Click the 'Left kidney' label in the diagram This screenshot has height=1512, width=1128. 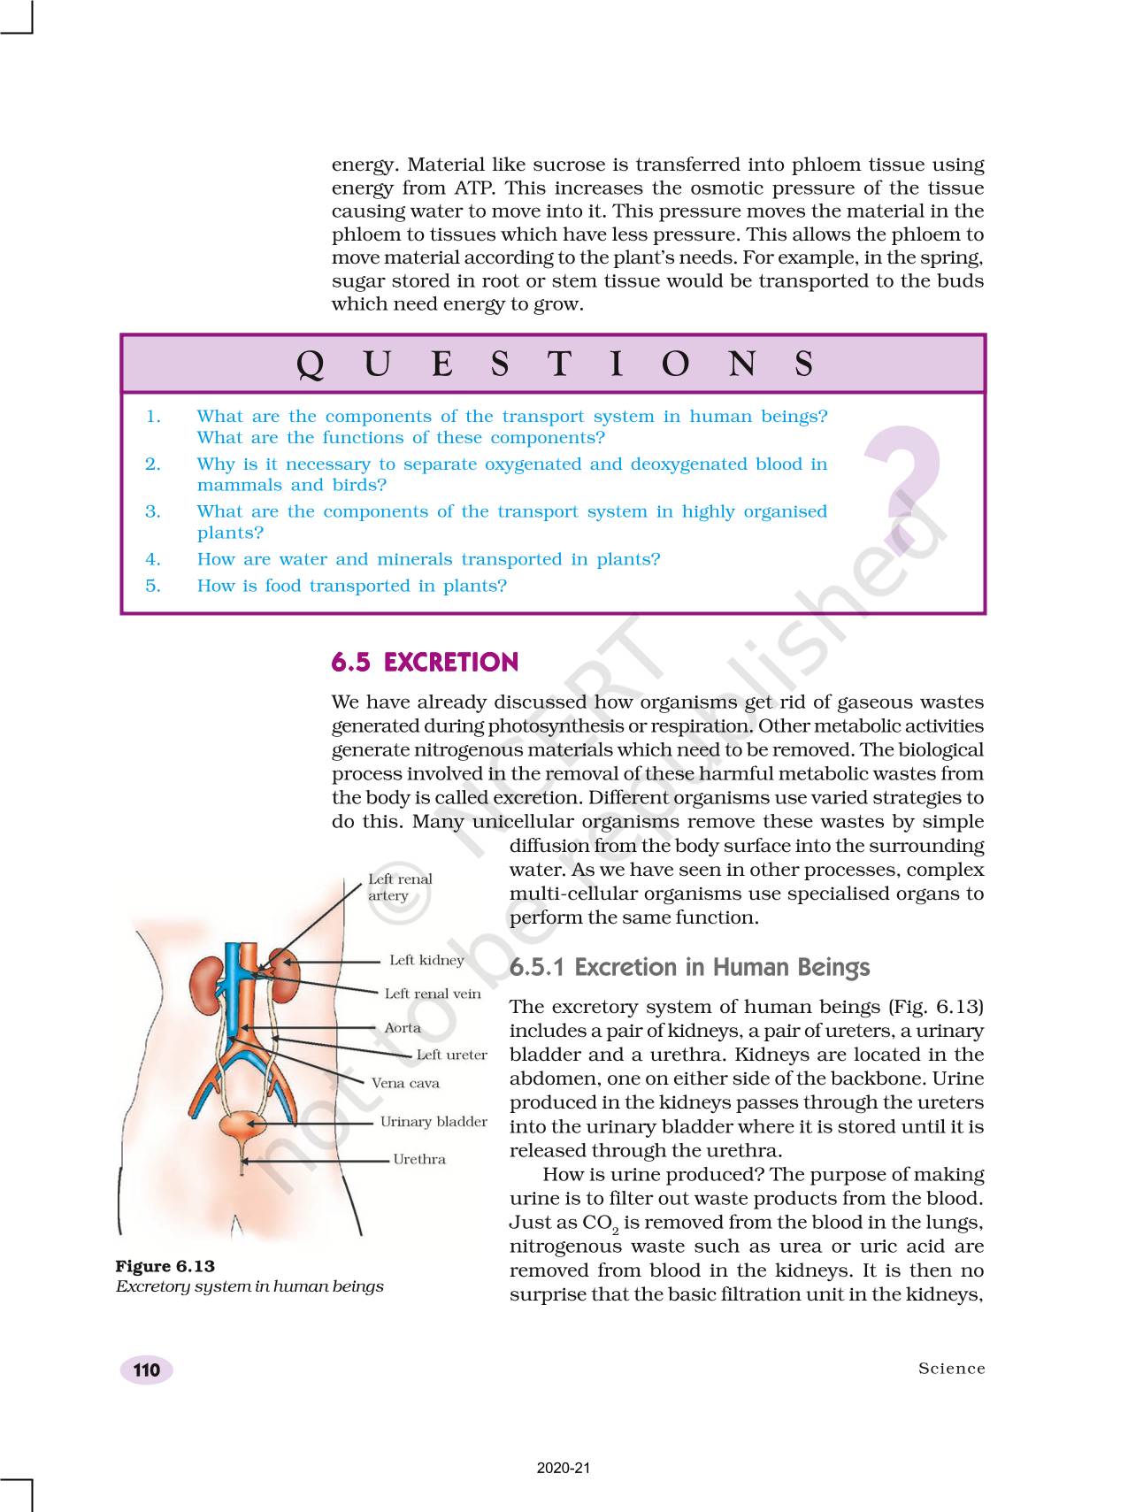[x=426, y=960]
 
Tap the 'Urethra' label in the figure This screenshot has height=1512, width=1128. [x=419, y=1159]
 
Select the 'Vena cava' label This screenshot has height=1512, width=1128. [x=405, y=1083]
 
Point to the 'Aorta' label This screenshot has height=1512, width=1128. [x=403, y=1028]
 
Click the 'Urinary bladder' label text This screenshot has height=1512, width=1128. [x=434, y=1122]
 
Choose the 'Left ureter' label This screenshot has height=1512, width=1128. [x=451, y=1055]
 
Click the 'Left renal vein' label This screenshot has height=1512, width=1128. [x=433, y=994]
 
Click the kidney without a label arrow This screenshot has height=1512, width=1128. [x=207, y=981]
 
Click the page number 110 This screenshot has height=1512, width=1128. [x=147, y=1370]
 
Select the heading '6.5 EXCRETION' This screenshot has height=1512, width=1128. [x=425, y=663]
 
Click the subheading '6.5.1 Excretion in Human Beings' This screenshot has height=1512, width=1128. [x=689, y=967]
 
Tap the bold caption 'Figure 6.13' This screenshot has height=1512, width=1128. [x=165, y=1266]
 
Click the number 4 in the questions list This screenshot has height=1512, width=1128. [x=153, y=559]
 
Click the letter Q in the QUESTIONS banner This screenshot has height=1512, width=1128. [x=310, y=365]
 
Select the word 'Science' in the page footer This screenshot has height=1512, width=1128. [x=951, y=1369]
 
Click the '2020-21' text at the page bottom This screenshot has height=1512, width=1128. [x=564, y=1469]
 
